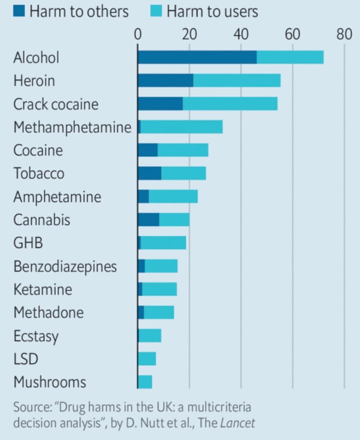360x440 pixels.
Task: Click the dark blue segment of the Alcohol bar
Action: click(x=197, y=57)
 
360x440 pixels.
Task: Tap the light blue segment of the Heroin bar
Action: click(x=237, y=80)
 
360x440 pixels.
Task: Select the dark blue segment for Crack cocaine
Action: click(x=160, y=104)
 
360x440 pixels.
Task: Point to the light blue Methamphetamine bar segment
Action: click(x=182, y=127)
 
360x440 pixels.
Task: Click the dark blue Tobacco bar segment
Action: click(x=149, y=173)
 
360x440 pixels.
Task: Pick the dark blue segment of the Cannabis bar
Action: click(x=148, y=220)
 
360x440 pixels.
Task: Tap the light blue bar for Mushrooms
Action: click(x=145, y=382)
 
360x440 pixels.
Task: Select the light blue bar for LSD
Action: click(x=147, y=359)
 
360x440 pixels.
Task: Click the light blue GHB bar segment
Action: click(x=163, y=243)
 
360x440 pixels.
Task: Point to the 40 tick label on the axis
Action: click(x=241, y=34)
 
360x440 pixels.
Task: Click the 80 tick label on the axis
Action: click(x=344, y=34)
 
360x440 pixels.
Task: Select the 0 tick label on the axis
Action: click(x=138, y=34)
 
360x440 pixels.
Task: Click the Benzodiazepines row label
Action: click(x=65, y=266)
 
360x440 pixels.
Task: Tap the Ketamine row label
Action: click(x=43, y=289)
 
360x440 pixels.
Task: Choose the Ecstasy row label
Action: click(x=36, y=336)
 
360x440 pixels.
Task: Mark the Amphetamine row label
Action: click(x=57, y=197)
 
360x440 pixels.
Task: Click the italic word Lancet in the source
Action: click(x=237, y=423)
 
